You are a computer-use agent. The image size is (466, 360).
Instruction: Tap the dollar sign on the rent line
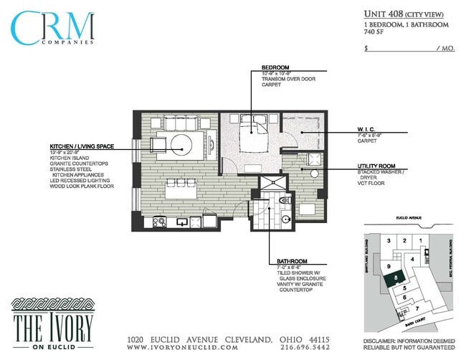[366, 49]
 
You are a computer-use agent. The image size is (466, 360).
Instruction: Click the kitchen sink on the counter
[184, 221]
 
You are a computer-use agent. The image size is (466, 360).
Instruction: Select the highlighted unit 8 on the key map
[396, 275]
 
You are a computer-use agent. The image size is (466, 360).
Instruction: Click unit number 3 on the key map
[388, 240]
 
